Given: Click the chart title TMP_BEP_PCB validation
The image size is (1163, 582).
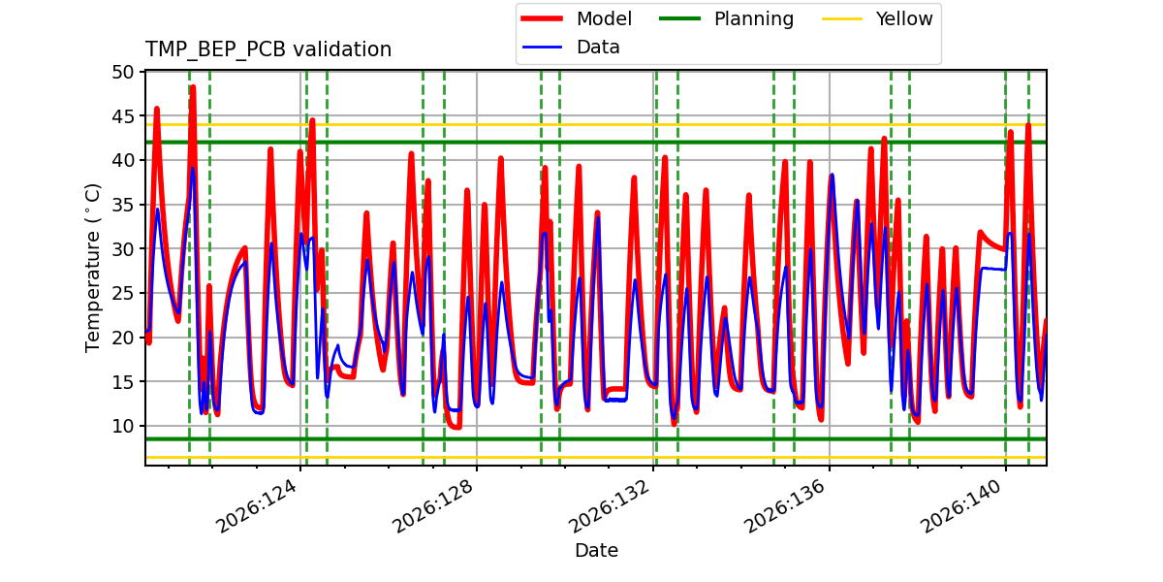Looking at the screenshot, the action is click(267, 49).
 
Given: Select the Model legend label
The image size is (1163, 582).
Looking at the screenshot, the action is click(604, 18).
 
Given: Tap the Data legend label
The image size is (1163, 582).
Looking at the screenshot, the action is click(598, 48).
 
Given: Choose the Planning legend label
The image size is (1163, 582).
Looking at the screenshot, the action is click(754, 19).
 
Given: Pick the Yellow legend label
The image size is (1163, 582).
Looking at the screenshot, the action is click(904, 18).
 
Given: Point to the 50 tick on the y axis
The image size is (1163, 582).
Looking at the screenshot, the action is click(122, 72).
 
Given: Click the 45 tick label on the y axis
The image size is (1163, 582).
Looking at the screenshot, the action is click(122, 116).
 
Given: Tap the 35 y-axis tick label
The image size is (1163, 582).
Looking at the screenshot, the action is click(122, 205).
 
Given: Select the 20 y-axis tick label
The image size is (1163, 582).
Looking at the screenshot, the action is click(122, 338).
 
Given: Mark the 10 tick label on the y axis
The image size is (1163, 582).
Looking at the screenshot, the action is click(122, 426).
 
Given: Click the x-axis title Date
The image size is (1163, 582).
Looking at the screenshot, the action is click(596, 550).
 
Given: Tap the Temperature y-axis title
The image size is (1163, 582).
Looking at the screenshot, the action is click(92, 268).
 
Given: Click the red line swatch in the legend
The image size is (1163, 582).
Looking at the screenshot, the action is click(542, 18).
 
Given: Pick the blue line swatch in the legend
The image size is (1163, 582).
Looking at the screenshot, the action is click(542, 48).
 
